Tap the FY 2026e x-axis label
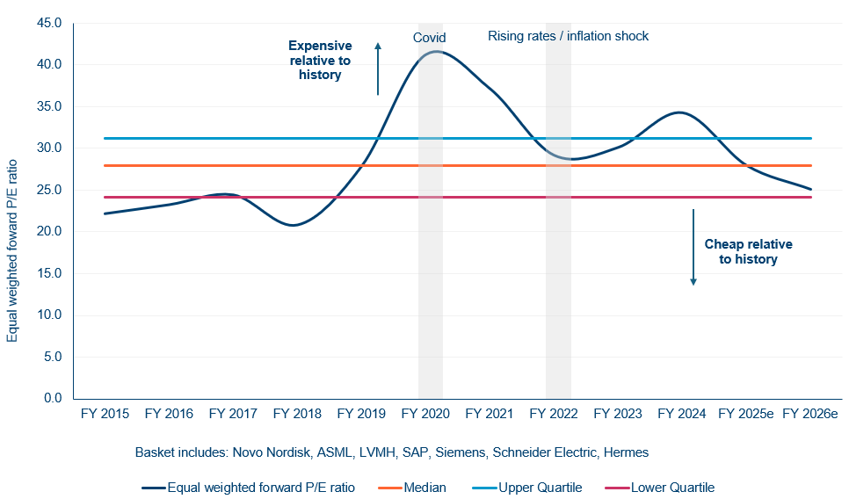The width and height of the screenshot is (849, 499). [810, 414]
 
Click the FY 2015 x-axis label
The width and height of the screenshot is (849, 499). [105, 414]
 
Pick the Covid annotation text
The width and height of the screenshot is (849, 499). [430, 38]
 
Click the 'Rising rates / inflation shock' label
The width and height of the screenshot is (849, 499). [568, 37]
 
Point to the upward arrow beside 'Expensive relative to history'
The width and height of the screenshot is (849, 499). [378, 68]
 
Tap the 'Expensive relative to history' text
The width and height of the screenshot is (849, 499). [320, 61]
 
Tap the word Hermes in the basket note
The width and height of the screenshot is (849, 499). [626, 452]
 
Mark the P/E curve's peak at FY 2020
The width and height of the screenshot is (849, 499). [434, 52]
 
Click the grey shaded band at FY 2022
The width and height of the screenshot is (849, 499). [558, 264]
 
